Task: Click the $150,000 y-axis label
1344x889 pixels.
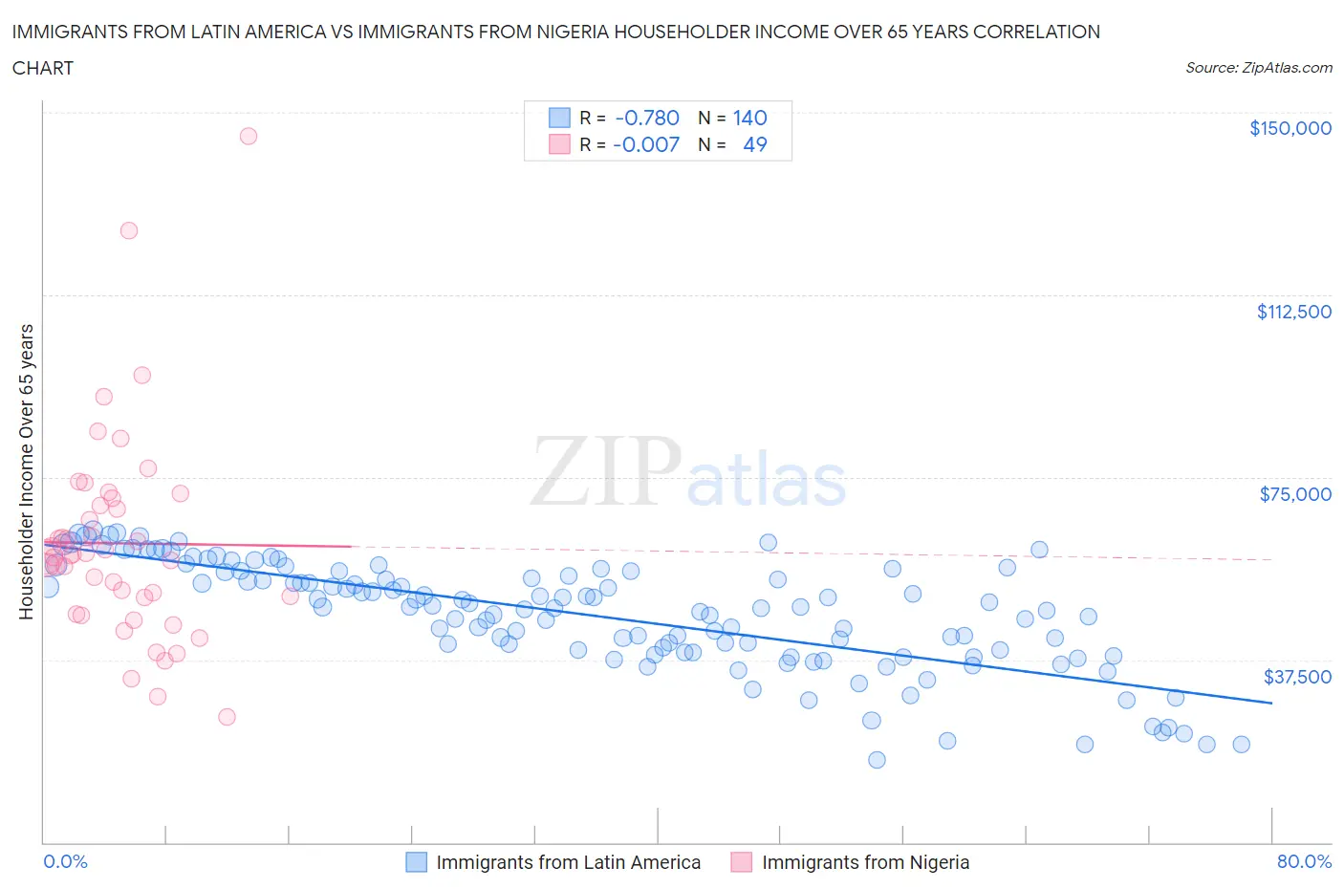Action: tap(1290, 128)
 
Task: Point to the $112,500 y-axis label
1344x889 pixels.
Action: tap(1293, 312)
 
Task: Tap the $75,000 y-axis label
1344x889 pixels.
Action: tap(1295, 494)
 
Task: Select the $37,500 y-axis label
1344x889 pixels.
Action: tap(1297, 677)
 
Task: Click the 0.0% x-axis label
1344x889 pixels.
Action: tap(65, 861)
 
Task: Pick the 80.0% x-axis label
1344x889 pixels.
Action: tap(1304, 861)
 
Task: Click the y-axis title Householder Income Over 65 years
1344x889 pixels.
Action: tap(27, 471)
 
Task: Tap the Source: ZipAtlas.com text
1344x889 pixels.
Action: tap(1258, 68)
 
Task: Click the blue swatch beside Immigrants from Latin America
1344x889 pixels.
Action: tap(416, 862)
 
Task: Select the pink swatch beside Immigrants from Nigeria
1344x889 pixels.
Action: tap(741, 862)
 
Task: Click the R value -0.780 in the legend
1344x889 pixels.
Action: tap(646, 118)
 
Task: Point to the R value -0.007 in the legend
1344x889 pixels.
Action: tap(646, 144)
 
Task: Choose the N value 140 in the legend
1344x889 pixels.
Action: tap(749, 118)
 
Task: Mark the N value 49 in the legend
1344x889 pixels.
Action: tap(754, 144)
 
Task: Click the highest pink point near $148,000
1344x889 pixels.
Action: tap(248, 136)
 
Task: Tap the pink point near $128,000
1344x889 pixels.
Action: tap(129, 230)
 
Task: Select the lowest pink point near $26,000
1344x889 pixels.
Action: tap(227, 717)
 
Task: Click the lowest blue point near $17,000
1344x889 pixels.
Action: tap(877, 760)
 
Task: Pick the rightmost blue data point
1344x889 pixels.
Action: tap(1241, 745)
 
